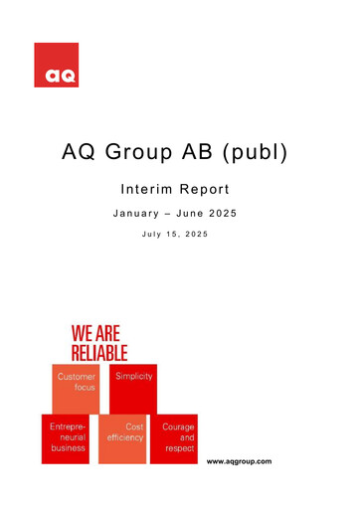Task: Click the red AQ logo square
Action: [56, 65]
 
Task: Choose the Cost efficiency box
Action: [125, 438]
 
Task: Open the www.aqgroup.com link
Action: [239, 462]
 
